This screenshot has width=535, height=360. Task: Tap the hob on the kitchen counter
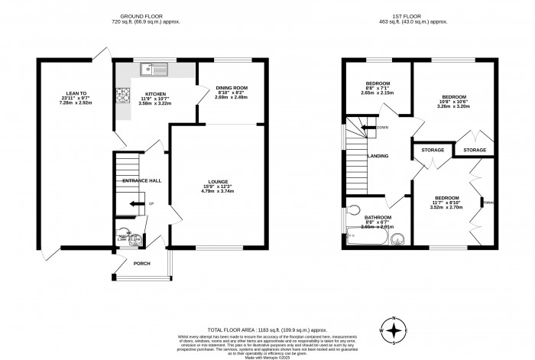click(x=122, y=96)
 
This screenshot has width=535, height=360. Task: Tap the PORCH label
click(x=141, y=264)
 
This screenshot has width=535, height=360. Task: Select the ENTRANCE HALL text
click(x=142, y=180)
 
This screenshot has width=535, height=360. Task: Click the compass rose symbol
click(x=394, y=331)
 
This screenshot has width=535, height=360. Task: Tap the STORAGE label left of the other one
click(x=433, y=150)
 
